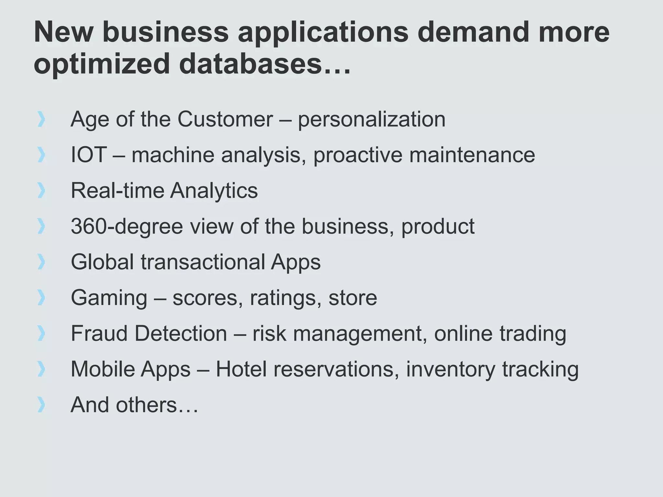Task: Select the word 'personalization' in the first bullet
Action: point(371,120)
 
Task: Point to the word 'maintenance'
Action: point(472,155)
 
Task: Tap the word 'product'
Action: point(438,226)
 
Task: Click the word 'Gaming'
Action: point(109,298)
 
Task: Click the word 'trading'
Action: point(533,334)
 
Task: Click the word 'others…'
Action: point(157,405)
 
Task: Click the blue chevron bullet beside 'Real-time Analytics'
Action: point(41,190)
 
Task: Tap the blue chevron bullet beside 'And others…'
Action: point(41,405)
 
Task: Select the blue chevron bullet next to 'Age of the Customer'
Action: point(41,119)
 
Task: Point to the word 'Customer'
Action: point(225,119)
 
